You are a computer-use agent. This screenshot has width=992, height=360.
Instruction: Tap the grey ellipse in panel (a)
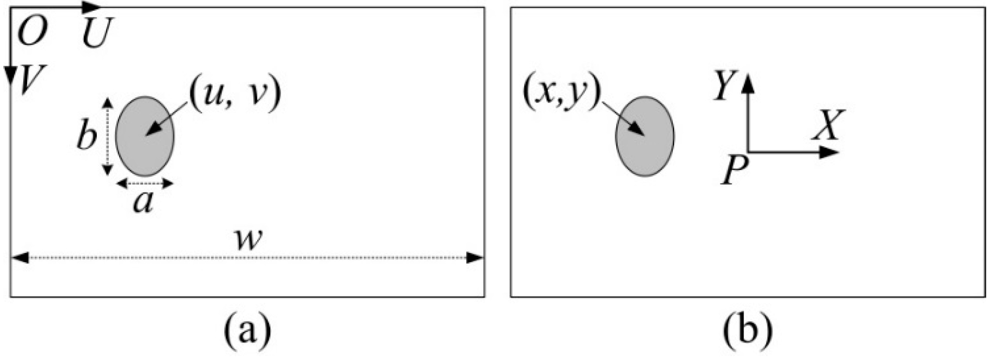click(x=145, y=136)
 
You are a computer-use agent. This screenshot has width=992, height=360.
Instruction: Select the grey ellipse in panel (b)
click(x=645, y=136)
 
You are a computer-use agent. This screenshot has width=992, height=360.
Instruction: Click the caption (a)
click(x=247, y=330)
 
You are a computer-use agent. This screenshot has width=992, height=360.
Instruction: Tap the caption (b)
click(x=747, y=330)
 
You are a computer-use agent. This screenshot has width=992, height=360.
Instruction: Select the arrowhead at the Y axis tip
click(x=749, y=82)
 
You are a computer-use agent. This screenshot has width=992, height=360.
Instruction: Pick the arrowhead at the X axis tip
click(x=829, y=152)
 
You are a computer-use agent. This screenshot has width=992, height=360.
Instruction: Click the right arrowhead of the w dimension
click(x=475, y=258)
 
